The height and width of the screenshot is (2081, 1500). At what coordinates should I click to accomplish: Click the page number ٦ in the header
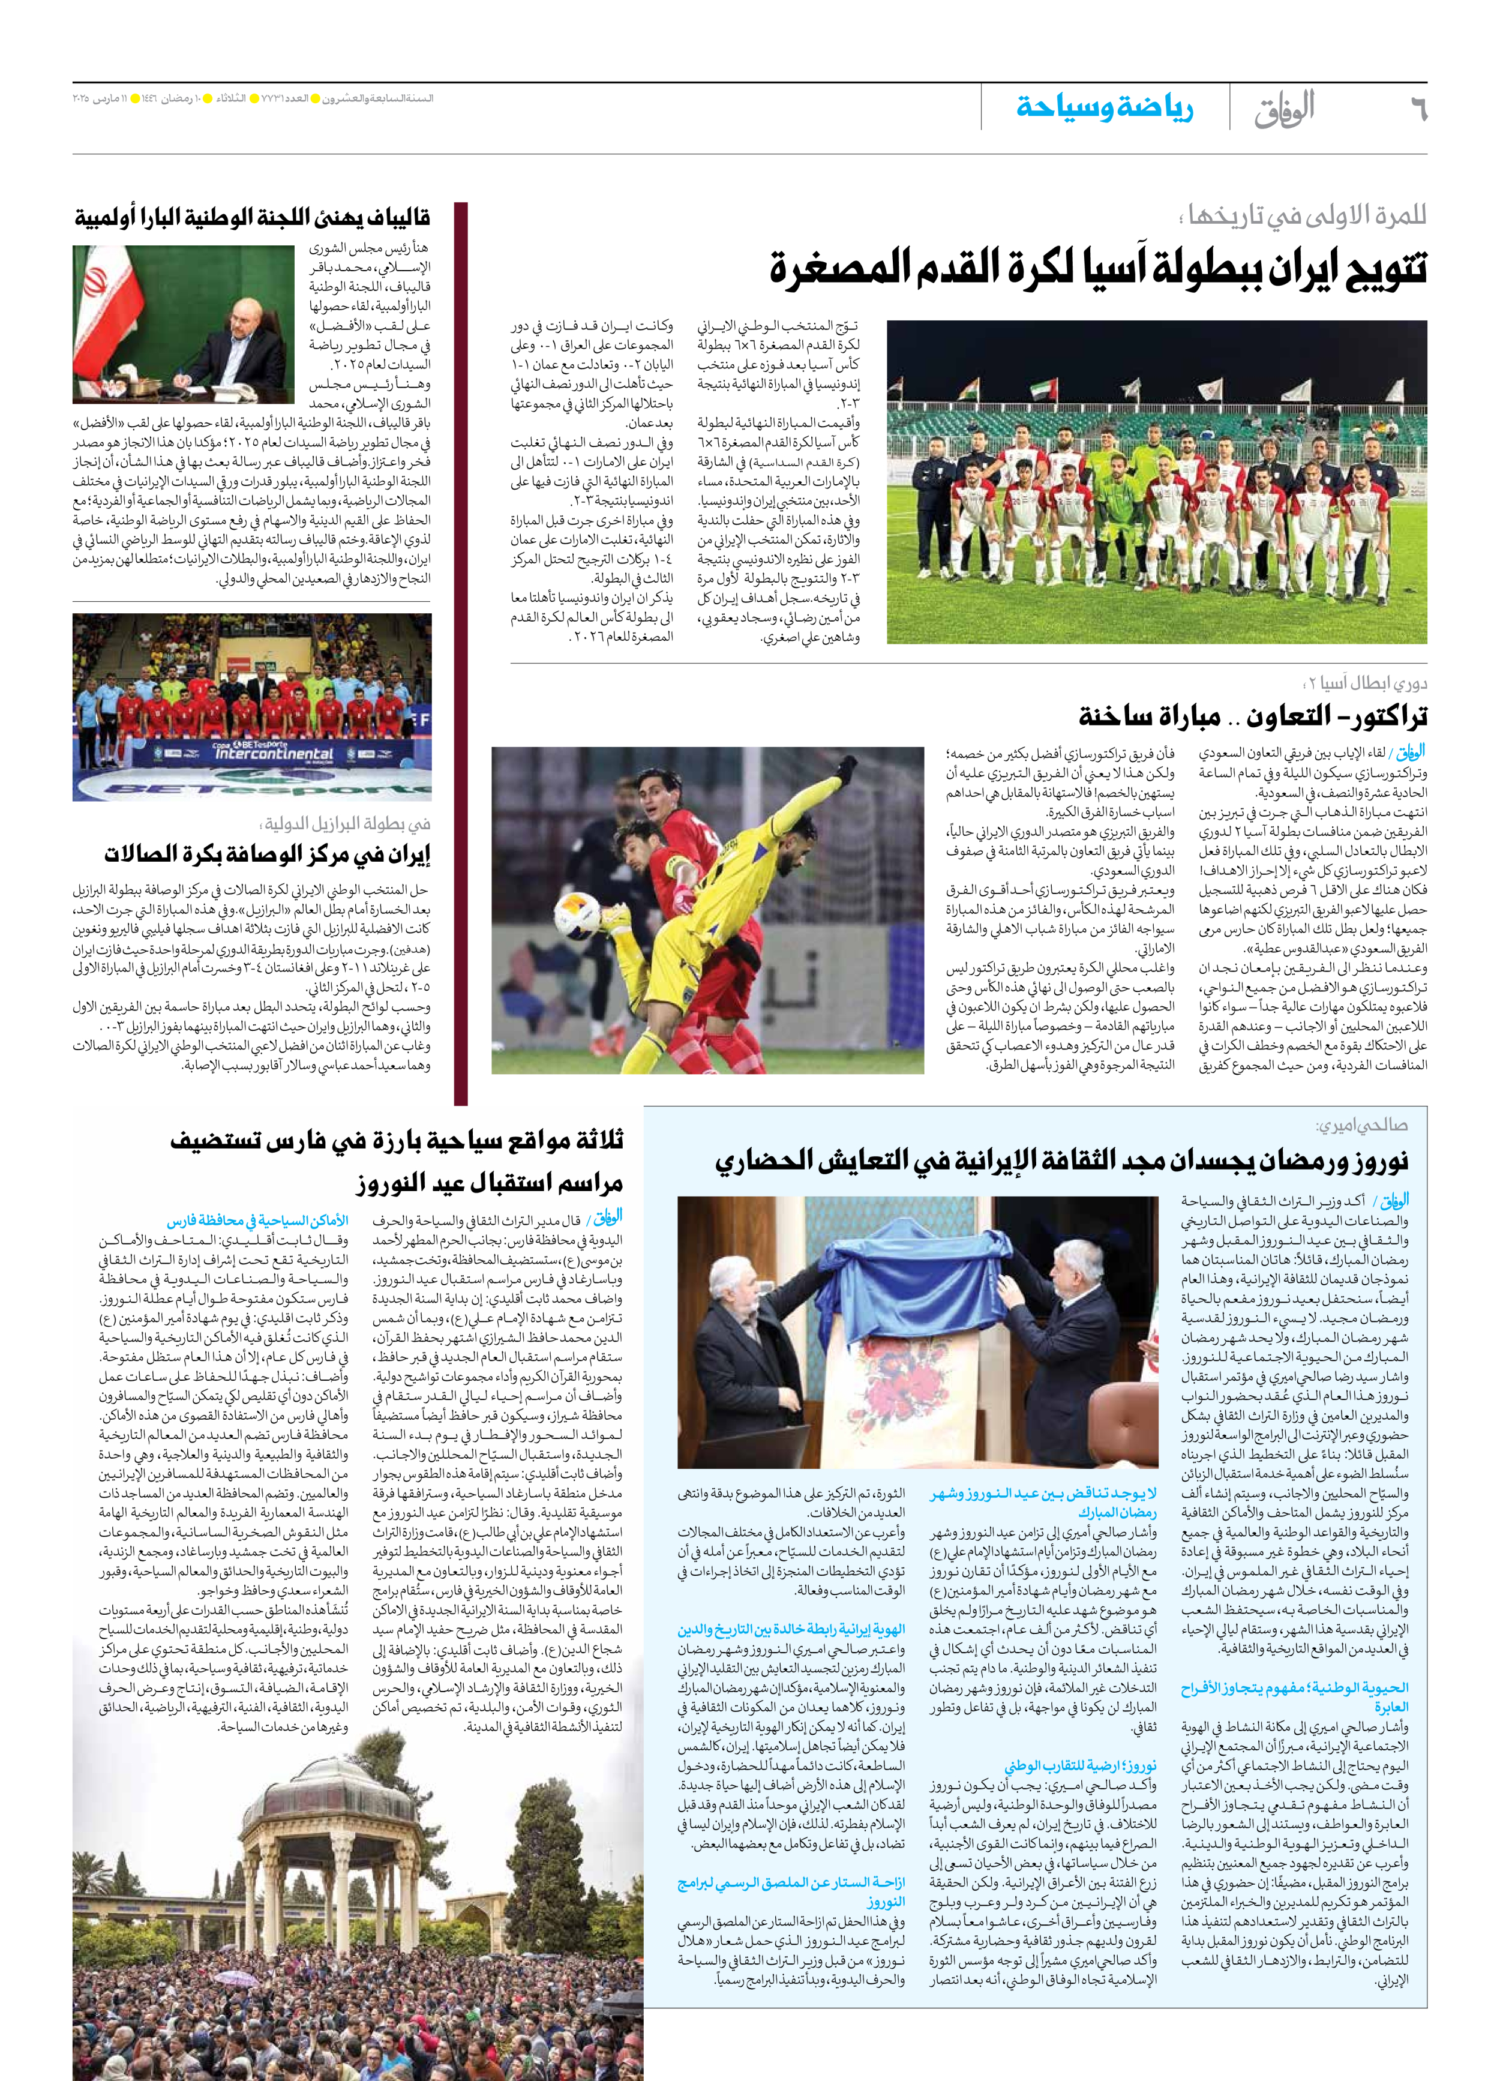click(x=1417, y=108)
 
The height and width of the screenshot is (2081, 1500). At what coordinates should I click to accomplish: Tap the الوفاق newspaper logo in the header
click(x=1285, y=108)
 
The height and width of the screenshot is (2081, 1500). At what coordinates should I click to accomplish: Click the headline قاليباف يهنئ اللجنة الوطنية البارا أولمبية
click(x=252, y=218)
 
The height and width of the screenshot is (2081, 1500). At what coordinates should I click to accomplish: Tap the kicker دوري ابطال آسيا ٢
click(x=1365, y=683)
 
